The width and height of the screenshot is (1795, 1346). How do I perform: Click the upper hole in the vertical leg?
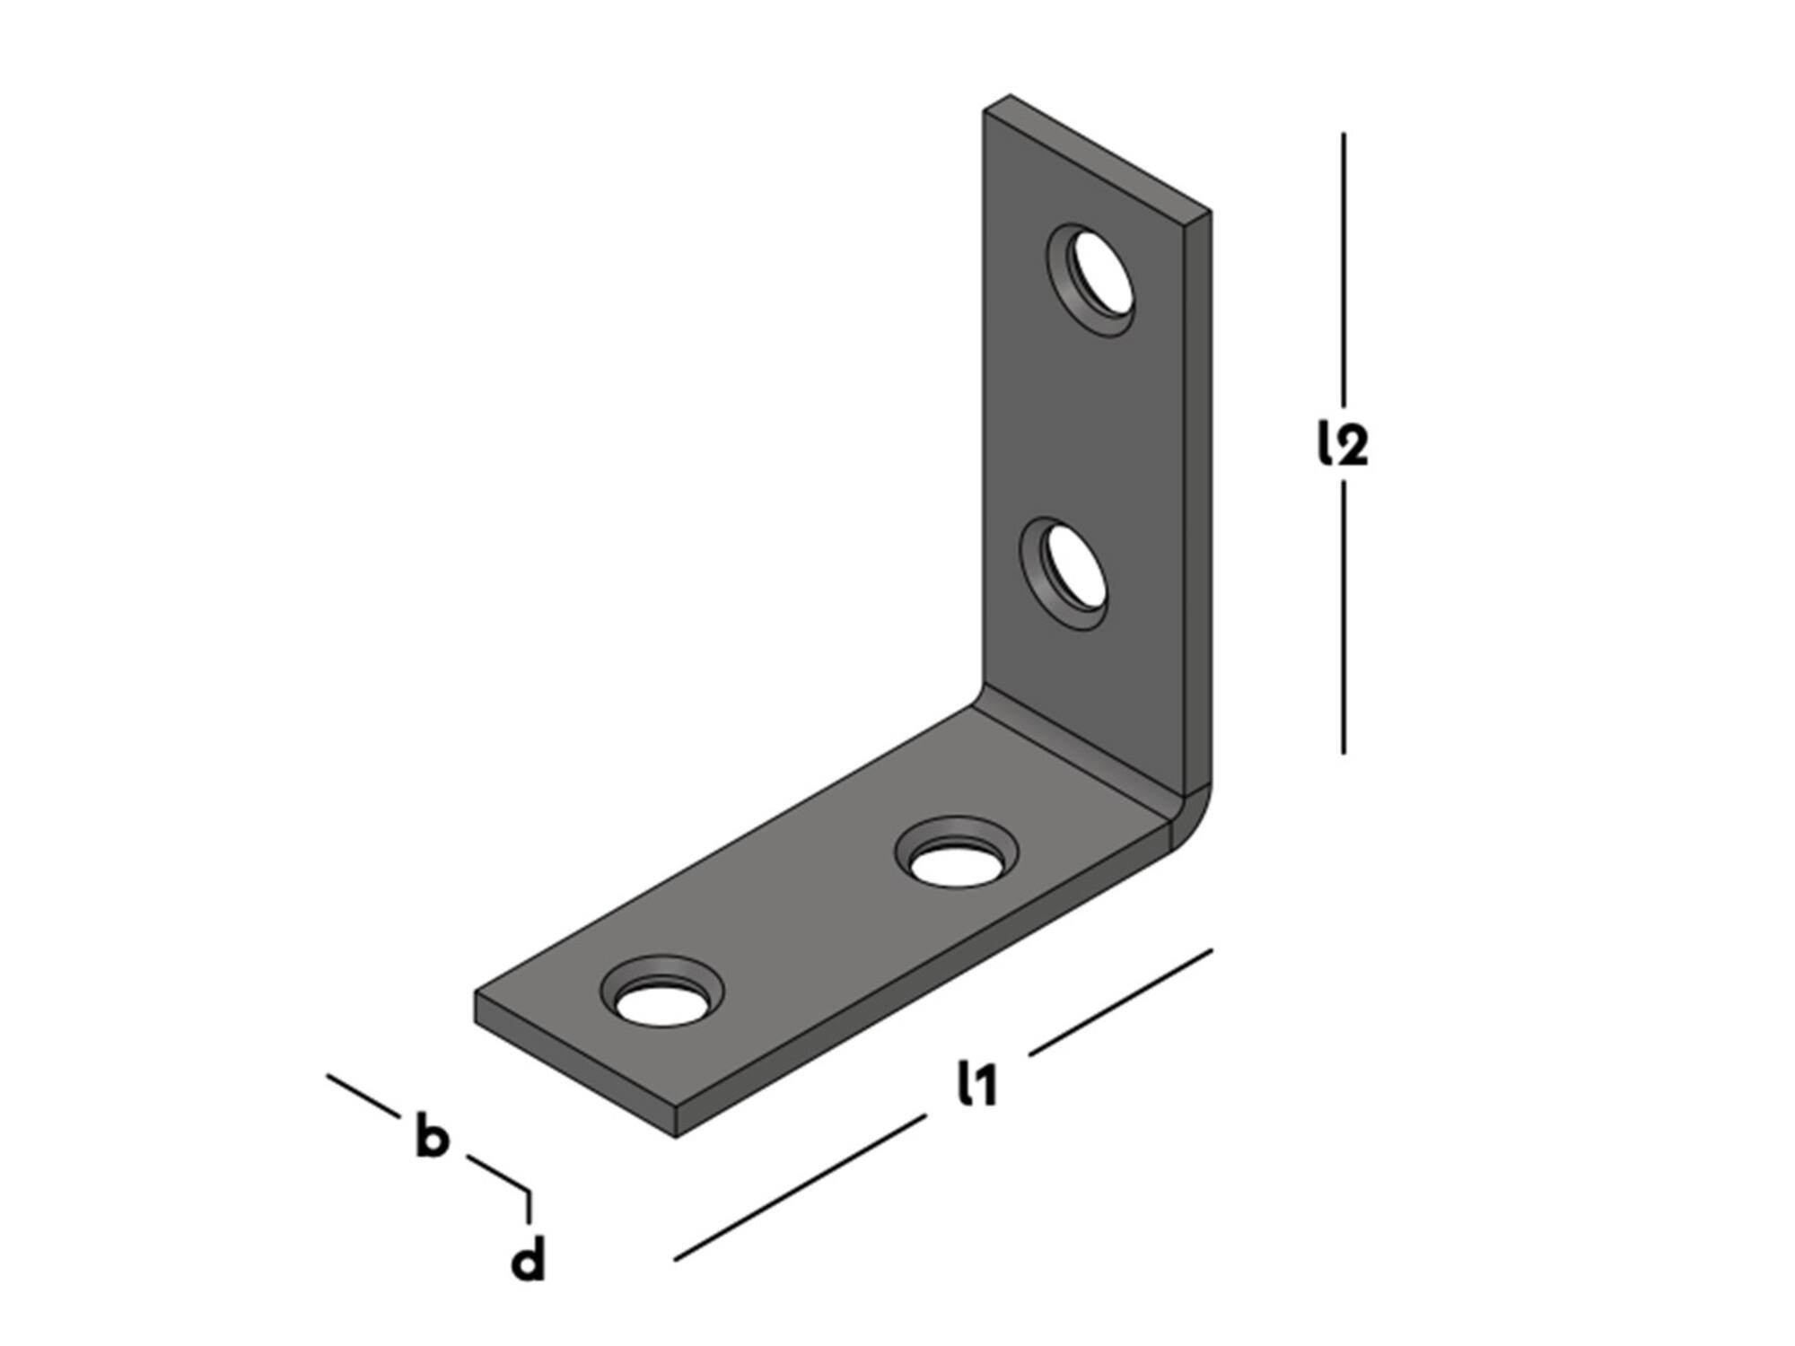point(1090,280)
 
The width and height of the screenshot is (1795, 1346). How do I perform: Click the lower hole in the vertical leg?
point(1064,572)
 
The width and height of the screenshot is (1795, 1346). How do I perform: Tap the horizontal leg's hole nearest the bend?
point(957,853)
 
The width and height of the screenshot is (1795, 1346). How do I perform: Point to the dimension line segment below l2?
point(1344,617)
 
